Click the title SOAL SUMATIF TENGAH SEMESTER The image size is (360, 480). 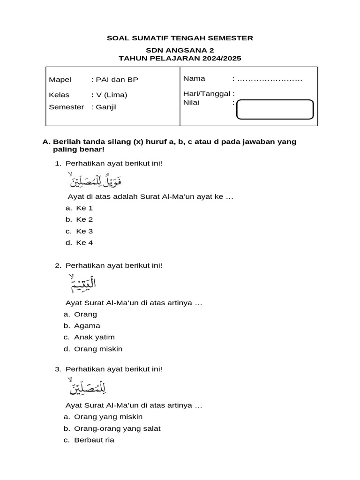pyautogui.click(x=180, y=38)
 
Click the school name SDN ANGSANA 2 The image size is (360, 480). pyautogui.click(x=180, y=50)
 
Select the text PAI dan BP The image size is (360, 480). pyautogui.click(x=117, y=80)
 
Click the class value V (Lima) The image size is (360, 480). pyautogui.click(x=112, y=95)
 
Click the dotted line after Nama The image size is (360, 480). pyautogui.click(x=270, y=79)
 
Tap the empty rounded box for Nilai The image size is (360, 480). pyautogui.click(x=275, y=110)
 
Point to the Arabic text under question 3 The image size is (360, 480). pyautogui.click(x=85, y=387)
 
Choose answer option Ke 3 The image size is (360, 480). pyautogui.click(x=84, y=231)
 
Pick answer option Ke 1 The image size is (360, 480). pyautogui.click(x=84, y=208)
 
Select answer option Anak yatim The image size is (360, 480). pyautogui.click(x=94, y=337)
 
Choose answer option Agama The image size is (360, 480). pyautogui.click(x=87, y=326)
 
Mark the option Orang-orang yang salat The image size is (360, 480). pyautogui.click(x=117, y=428)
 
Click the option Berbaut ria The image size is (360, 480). pyautogui.click(x=94, y=440)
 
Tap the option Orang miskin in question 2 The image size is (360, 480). pyautogui.click(x=98, y=349)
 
